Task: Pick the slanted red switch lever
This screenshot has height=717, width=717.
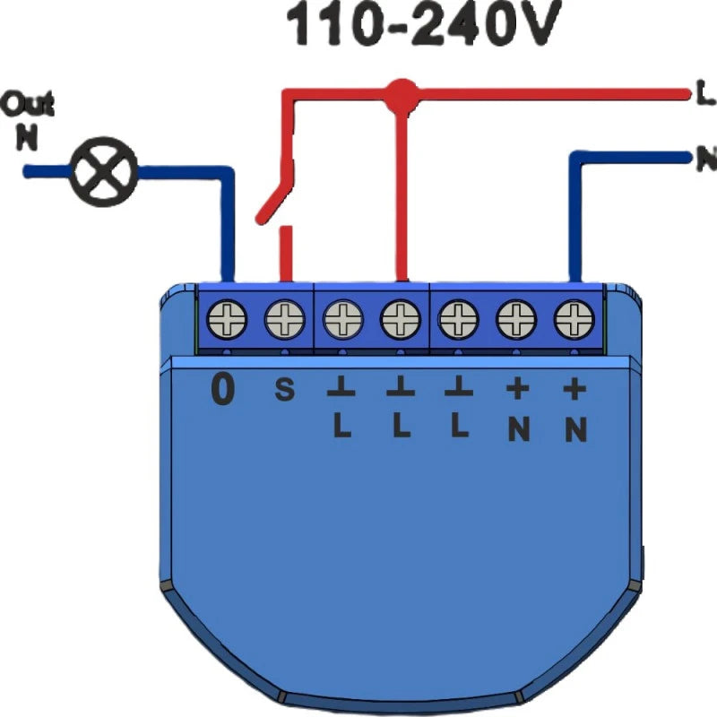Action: (x=274, y=191)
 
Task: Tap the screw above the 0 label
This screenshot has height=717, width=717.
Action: (x=227, y=317)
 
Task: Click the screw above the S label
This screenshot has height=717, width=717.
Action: (x=284, y=317)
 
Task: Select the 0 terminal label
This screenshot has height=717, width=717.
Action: (x=221, y=391)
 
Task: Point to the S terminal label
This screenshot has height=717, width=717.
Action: (x=282, y=392)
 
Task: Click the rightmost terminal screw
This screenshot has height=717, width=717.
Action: (x=574, y=317)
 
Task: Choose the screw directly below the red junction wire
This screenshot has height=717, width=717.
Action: (x=401, y=317)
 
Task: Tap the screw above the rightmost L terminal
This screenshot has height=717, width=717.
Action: (x=459, y=317)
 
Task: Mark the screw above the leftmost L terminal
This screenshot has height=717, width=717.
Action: (x=342, y=317)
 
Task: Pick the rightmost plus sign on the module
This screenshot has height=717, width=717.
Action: (x=574, y=390)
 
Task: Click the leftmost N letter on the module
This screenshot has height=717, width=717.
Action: (x=517, y=430)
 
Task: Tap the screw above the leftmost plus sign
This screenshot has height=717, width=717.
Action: (x=517, y=317)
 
